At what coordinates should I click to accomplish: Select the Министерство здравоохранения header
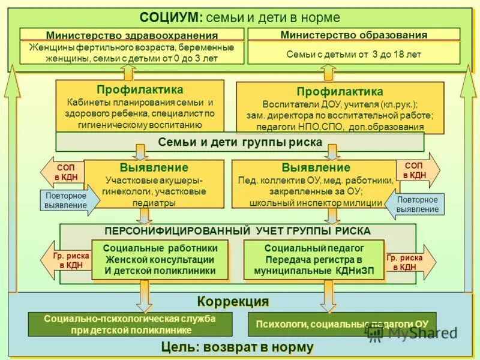click(x=132, y=35)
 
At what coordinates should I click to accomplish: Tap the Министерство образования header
click(x=354, y=35)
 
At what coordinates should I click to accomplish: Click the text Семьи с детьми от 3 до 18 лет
click(x=354, y=54)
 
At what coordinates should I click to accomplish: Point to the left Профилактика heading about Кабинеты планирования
click(x=140, y=89)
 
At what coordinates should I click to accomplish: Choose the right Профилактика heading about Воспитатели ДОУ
click(x=340, y=92)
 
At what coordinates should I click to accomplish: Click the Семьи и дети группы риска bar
click(x=240, y=142)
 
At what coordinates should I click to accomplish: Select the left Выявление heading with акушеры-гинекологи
click(x=154, y=167)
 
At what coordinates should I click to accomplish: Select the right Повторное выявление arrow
click(x=415, y=205)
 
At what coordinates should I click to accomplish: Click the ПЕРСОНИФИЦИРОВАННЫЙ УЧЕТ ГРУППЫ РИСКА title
click(x=238, y=231)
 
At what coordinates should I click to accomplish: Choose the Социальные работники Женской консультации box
click(x=160, y=259)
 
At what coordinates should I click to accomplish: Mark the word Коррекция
click(x=233, y=301)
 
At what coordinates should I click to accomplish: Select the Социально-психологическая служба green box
click(x=130, y=324)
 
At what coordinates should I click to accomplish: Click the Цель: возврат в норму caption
click(x=238, y=347)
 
